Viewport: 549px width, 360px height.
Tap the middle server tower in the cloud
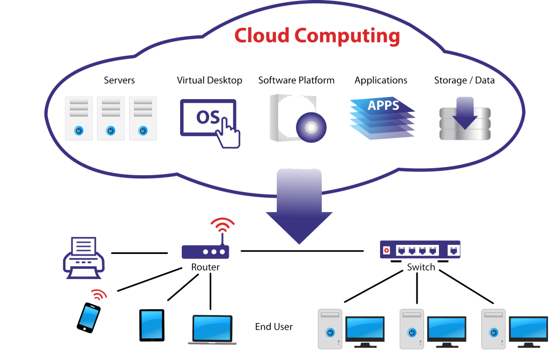(110, 118)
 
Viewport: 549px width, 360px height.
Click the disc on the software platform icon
(310, 126)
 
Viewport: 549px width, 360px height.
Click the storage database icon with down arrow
(464, 119)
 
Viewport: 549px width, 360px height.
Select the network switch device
(420, 250)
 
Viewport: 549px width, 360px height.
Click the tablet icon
(152, 324)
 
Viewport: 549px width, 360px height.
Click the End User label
(274, 326)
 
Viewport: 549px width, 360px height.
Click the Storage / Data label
(464, 81)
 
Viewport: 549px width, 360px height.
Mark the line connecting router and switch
(303, 250)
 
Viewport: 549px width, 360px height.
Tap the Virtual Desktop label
(209, 81)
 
